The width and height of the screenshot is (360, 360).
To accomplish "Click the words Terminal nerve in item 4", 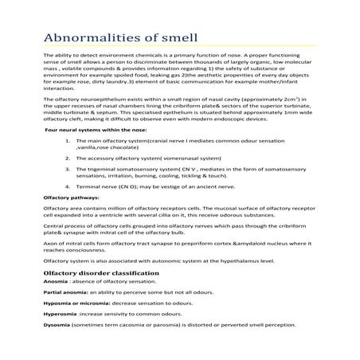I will click(96, 212).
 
